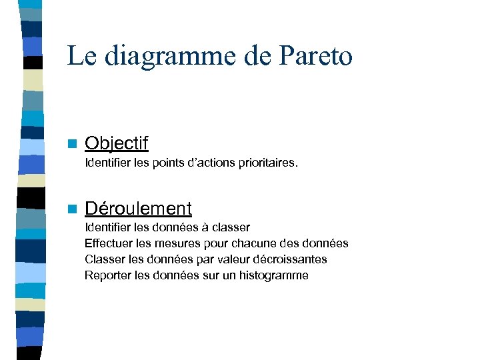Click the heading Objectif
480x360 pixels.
point(117,143)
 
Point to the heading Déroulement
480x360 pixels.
point(138,209)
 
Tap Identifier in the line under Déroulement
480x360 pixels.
point(107,227)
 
